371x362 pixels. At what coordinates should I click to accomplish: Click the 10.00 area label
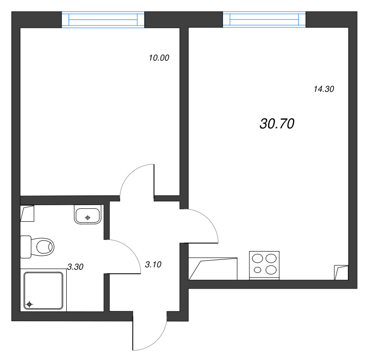click(159, 58)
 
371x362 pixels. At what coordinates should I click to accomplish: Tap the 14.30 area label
click(324, 90)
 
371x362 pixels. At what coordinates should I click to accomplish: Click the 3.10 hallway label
click(153, 265)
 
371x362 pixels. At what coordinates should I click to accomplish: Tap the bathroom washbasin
click(88, 215)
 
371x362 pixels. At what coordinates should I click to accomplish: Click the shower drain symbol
click(30, 304)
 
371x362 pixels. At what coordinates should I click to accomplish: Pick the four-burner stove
click(265, 265)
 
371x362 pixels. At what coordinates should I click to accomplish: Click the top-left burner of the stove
click(258, 258)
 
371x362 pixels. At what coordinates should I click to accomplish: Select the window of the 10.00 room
click(103, 20)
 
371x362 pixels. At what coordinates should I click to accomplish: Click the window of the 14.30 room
click(264, 19)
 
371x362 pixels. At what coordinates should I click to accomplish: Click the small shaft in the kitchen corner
click(341, 272)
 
